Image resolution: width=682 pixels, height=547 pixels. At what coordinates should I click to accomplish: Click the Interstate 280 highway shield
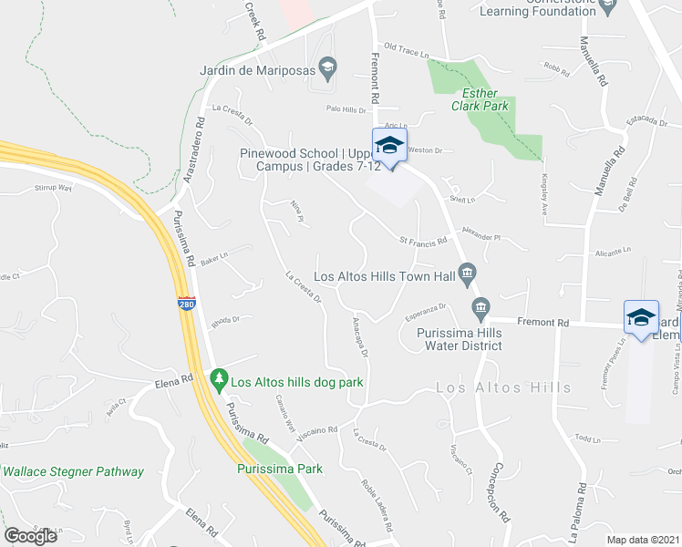pos(186,303)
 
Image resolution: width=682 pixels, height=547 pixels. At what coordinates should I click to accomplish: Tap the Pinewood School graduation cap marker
pos(389,146)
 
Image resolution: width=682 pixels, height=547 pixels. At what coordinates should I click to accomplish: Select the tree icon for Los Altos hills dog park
pos(218,377)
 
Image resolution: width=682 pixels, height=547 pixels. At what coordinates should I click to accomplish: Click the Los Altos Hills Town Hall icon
pos(467,272)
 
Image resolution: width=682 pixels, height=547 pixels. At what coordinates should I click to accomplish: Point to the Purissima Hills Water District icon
pos(480,306)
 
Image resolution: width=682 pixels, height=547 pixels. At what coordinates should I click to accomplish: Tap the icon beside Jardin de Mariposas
pos(330,67)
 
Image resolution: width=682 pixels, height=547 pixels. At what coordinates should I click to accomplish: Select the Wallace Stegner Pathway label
pos(73,471)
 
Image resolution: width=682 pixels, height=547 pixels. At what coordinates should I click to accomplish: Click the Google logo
pos(31,536)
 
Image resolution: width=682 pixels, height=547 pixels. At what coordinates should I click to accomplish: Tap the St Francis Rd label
pos(423,241)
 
